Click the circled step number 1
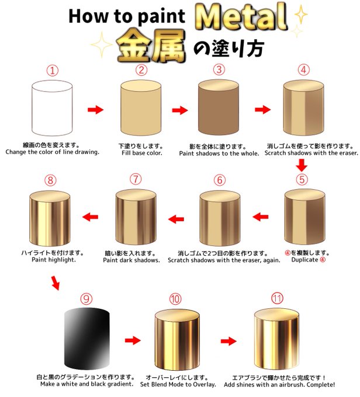pyautogui.click(x=52, y=71)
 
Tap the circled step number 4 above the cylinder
pyautogui.click(x=303, y=71)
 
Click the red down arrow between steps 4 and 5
pyautogui.click(x=302, y=167)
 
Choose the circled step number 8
pyautogui.click(x=50, y=180)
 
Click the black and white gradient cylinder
pyautogui.click(x=86, y=337)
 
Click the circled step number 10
pyautogui.click(x=175, y=299)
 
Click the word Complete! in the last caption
pyautogui.click(x=316, y=385)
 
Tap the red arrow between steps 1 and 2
pyautogui.click(x=95, y=109)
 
